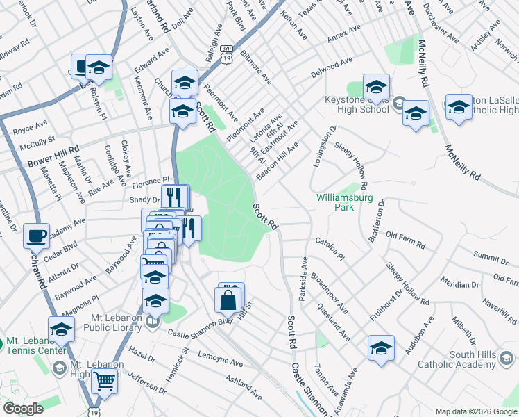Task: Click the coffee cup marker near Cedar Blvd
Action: coord(36,235)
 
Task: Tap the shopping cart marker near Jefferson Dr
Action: coord(104,381)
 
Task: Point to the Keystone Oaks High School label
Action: coord(357,104)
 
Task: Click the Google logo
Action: coord(22,409)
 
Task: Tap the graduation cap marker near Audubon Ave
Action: coord(381,348)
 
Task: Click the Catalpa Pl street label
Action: coord(330,250)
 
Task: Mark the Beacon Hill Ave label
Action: coord(277,161)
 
